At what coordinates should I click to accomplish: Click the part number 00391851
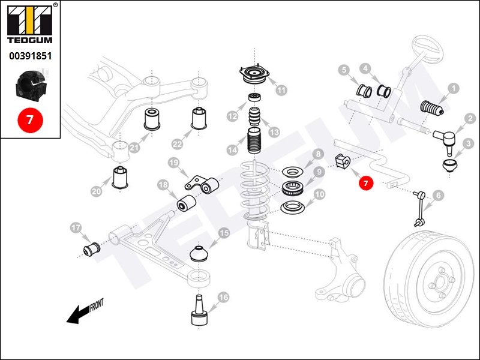coord(29,56)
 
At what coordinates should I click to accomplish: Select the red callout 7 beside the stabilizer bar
coord(367,182)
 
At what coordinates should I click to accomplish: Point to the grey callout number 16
coord(223,297)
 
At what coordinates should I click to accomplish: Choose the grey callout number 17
coord(76,227)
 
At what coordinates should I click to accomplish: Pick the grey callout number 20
coord(97,191)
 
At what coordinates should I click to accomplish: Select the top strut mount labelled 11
coord(254,76)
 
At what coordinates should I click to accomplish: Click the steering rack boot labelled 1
coord(431,108)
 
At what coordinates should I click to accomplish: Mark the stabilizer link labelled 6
coord(419,207)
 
